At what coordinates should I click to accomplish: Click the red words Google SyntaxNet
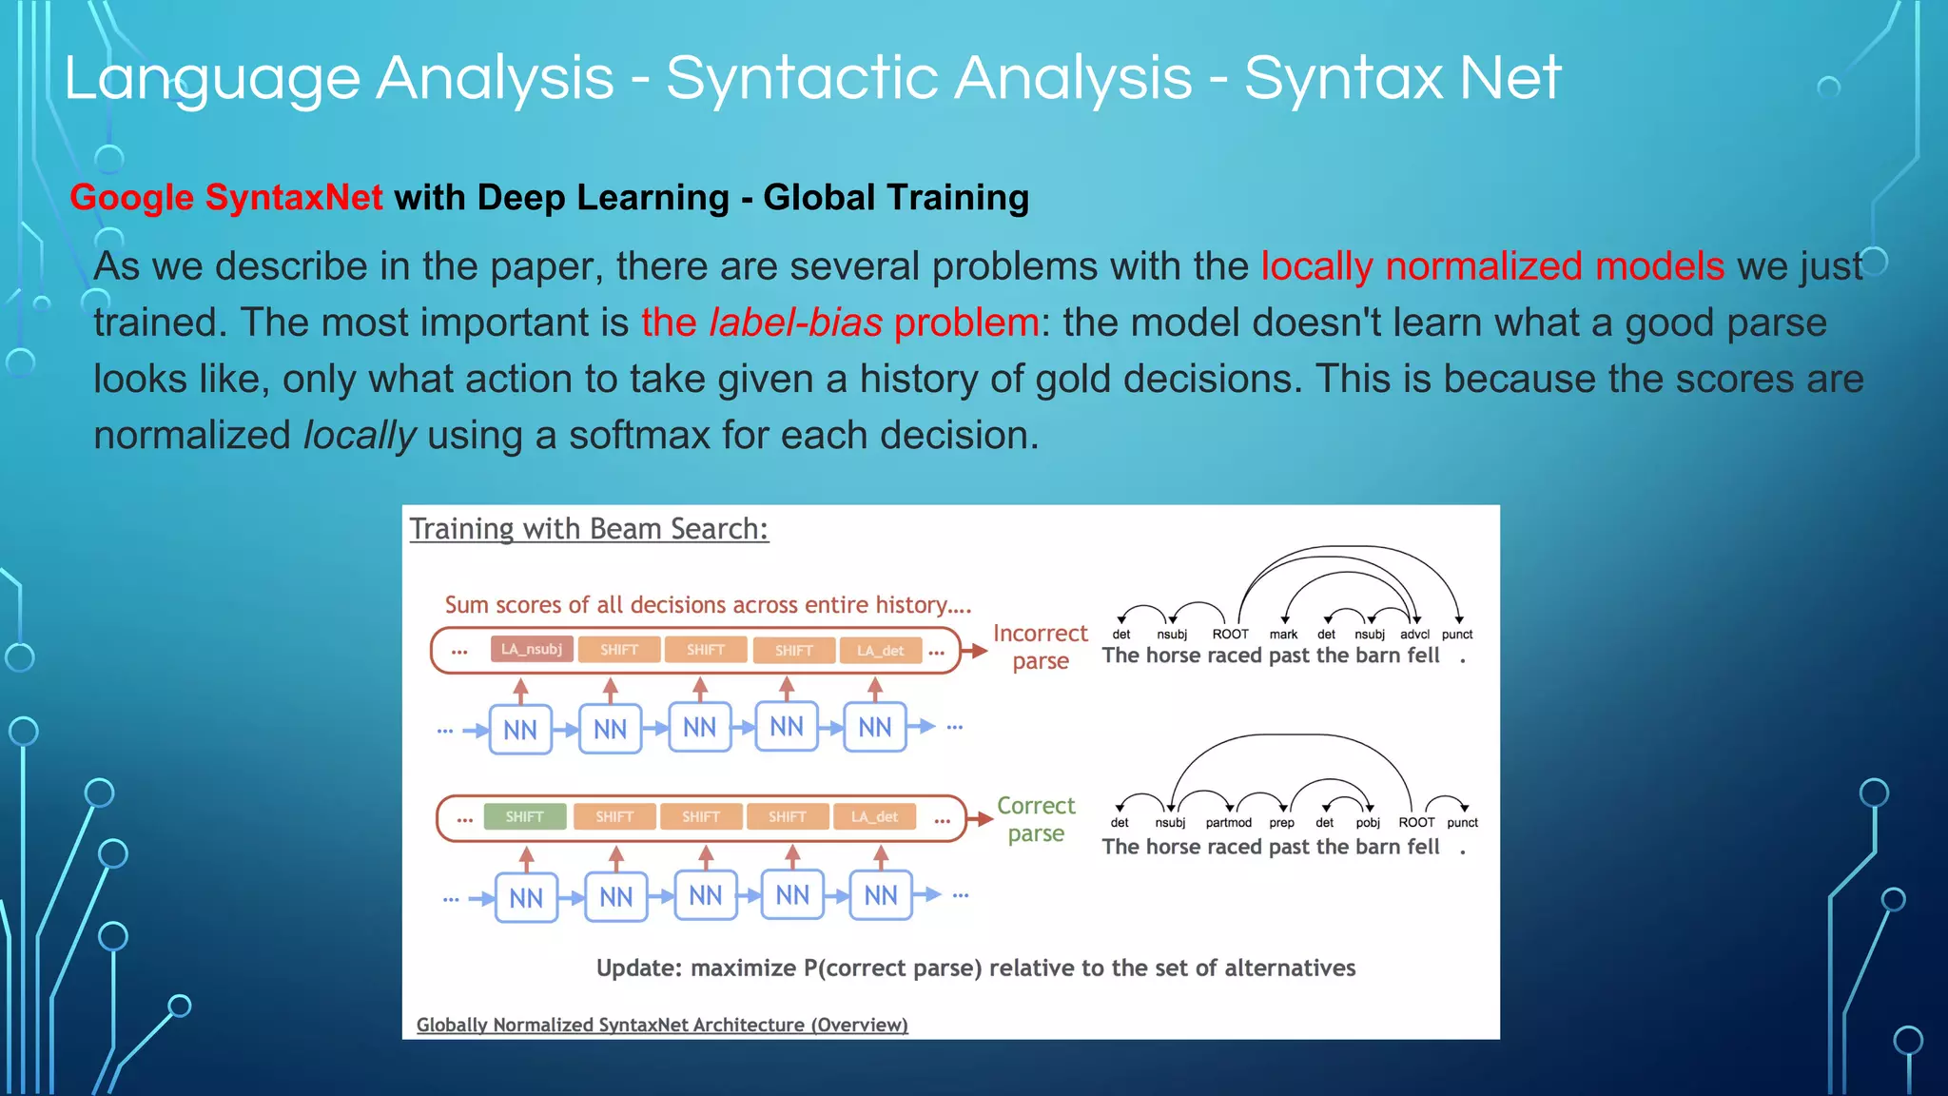[225, 198]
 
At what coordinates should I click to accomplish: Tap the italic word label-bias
[795, 323]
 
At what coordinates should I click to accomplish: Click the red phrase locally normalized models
[1491, 266]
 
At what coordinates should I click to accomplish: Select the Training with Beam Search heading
[588, 529]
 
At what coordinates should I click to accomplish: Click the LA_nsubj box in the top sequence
[532, 650]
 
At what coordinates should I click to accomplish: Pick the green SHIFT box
[524, 817]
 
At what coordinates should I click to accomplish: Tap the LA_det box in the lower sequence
[873, 817]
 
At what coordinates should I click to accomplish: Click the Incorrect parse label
[1040, 647]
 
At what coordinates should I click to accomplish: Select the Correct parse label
[1036, 819]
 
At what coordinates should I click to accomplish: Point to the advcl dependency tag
[1414, 635]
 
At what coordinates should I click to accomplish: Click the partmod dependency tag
[1228, 823]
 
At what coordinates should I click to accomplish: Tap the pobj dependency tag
[1367, 823]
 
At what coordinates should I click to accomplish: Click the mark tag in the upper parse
[1283, 635]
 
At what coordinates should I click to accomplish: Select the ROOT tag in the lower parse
[1415, 823]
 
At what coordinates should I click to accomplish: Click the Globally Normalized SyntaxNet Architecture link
[662, 1025]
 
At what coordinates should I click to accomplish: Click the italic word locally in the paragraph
[360, 436]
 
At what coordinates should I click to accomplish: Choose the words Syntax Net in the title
[1402, 78]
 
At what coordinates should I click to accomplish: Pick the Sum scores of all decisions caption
[708, 605]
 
